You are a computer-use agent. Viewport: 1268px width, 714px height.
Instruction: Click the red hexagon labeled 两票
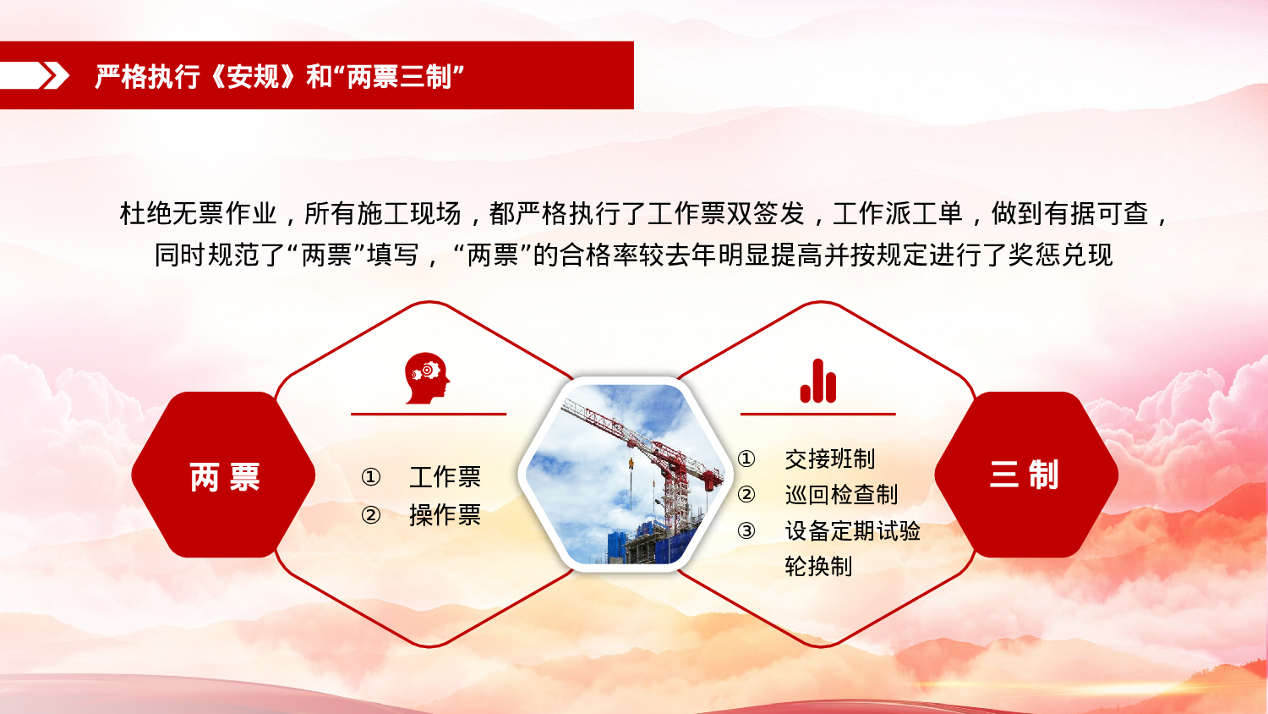(x=224, y=475)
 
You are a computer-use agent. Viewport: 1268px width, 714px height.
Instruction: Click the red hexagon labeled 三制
(x=1025, y=475)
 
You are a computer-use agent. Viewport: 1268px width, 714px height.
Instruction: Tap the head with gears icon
(x=427, y=378)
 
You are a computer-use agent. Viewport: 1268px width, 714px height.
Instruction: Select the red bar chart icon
(x=817, y=382)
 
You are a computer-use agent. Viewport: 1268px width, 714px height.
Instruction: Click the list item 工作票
(x=445, y=477)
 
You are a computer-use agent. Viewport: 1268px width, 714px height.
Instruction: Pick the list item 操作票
(x=445, y=514)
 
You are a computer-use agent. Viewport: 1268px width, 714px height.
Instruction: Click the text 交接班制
(x=829, y=459)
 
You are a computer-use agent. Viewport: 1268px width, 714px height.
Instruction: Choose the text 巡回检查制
(x=840, y=494)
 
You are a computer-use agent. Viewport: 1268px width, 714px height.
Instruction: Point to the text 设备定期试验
(x=852, y=530)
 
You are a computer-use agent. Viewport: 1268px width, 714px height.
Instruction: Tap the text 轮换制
(x=817, y=566)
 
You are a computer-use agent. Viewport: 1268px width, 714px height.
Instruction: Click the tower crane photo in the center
(x=624, y=474)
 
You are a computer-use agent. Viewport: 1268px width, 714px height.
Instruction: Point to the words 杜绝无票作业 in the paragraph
(x=198, y=213)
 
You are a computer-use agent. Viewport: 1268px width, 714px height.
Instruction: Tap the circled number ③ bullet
(x=746, y=531)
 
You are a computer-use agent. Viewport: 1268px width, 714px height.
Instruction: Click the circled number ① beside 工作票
(x=370, y=477)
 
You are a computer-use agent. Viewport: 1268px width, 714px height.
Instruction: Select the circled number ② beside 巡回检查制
(x=746, y=495)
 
